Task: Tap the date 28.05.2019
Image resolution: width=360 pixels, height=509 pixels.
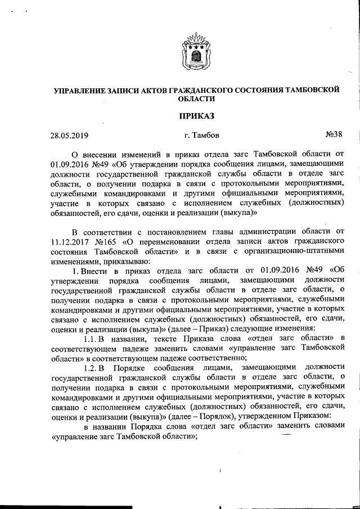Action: (69, 135)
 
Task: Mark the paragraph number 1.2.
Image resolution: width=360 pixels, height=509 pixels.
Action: (92, 367)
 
